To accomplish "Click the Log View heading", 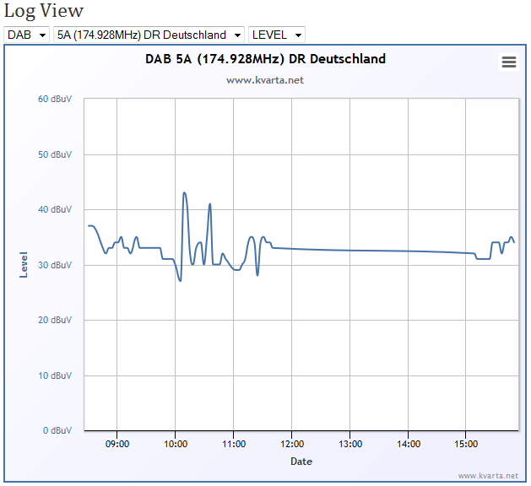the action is click(43, 11).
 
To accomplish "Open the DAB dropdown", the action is click(27, 35).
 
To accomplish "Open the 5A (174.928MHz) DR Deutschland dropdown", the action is click(149, 35).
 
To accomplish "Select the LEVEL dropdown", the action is click(277, 35).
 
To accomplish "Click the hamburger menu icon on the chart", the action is click(509, 62).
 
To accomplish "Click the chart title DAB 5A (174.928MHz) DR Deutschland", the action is click(265, 59).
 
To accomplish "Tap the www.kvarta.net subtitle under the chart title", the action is click(265, 80).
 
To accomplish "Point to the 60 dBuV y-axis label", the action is click(55, 99).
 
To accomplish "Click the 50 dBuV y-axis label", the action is click(55, 154).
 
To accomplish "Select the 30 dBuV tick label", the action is click(55, 265).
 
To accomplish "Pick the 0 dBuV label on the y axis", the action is click(57, 430).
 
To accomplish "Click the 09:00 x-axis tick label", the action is click(117, 444).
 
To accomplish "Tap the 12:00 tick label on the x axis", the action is click(292, 444).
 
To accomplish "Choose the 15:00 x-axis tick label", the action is click(466, 444).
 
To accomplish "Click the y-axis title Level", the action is click(24, 265).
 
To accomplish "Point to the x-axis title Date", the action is click(301, 462).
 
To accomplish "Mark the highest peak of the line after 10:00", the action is click(184, 193).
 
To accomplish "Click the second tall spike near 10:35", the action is click(210, 203).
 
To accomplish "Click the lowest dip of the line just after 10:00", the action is click(180, 281).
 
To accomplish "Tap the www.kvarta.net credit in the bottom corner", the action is click(488, 476).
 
